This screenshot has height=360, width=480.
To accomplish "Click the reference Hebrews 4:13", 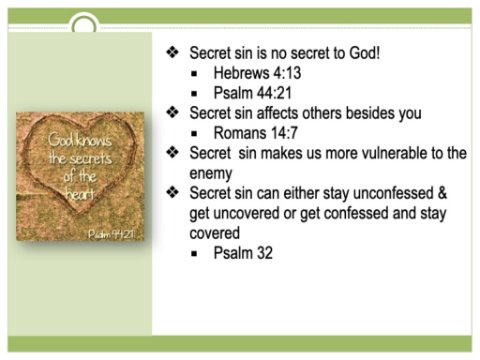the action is click(x=257, y=73).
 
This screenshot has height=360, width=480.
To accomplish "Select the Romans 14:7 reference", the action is click(x=255, y=133).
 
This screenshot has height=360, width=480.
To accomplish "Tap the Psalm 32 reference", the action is click(x=243, y=253).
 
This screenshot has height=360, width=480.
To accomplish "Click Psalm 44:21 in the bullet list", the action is click(x=252, y=93).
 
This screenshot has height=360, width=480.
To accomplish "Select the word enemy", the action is click(x=211, y=174).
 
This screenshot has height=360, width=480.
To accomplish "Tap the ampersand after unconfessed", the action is click(x=442, y=193).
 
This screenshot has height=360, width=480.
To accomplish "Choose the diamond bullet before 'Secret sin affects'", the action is click(x=173, y=112).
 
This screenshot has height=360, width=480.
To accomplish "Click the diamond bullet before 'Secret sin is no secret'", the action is click(x=173, y=52).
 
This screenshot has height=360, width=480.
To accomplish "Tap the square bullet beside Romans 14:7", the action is click(x=194, y=134).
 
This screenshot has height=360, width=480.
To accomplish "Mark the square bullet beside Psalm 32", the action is click(x=194, y=254).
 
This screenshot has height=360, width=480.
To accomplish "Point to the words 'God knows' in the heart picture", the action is click(x=80, y=140).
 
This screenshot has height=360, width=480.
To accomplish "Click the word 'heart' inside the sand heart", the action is click(x=80, y=193).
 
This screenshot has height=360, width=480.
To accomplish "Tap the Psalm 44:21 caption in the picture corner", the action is click(x=111, y=234).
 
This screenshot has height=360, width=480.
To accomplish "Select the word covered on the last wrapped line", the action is click(x=214, y=233).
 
